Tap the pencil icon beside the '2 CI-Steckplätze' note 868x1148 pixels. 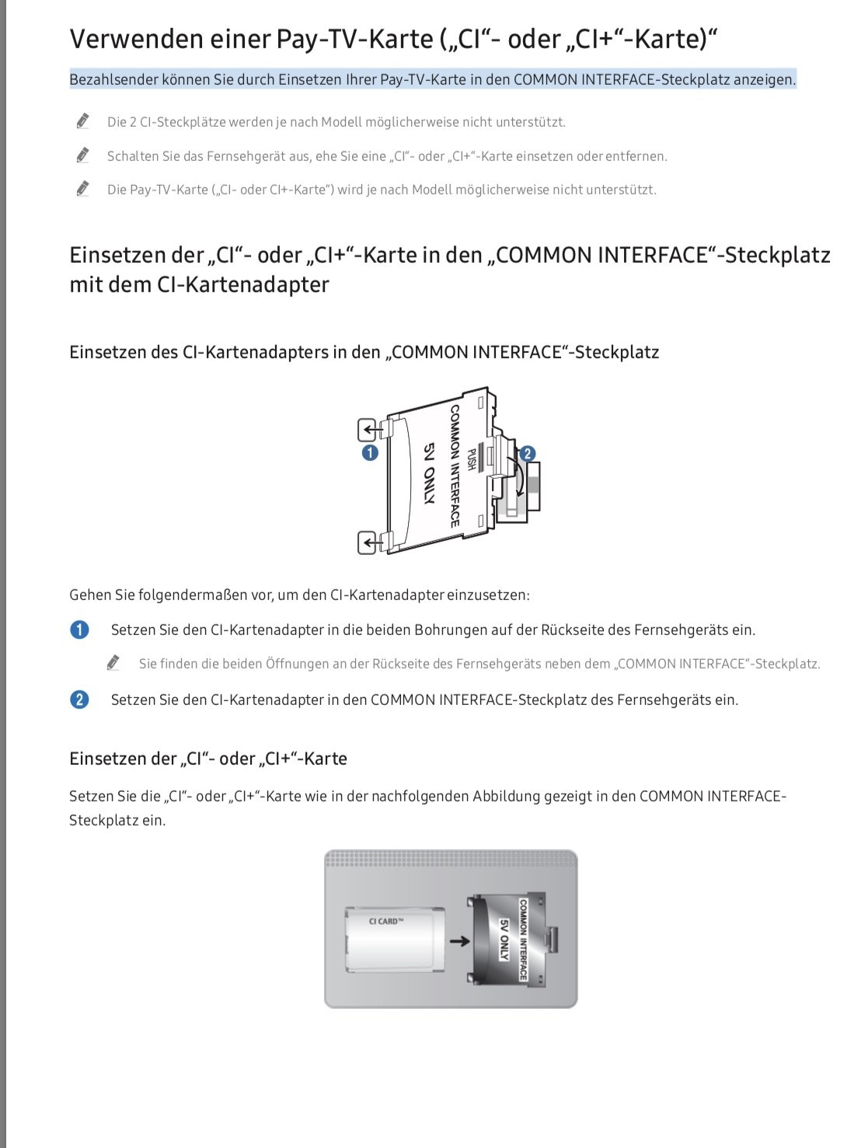[82, 121]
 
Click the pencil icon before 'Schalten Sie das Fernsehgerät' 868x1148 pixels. [82, 155]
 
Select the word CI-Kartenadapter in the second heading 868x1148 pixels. [242, 284]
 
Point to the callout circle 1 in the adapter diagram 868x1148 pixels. [370, 452]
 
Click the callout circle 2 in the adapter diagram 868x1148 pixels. [528, 454]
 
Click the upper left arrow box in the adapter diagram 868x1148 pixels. [368, 429]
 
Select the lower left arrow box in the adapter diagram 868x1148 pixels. [368, 541]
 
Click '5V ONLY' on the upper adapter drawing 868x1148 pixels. [429, 474]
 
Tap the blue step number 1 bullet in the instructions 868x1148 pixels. [79, 630]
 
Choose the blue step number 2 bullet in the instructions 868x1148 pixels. [79, 700]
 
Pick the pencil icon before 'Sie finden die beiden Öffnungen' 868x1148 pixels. [113, 663]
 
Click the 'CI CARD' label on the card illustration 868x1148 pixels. [386, 921]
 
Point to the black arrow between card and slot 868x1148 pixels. [460, 941]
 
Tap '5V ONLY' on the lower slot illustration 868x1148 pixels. [504, 940]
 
